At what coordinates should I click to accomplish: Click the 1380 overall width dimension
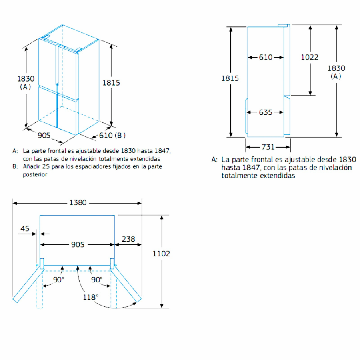pyautogui.click(x=78, y=203)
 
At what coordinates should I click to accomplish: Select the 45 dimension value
pyautogui.click(x=25, y=229)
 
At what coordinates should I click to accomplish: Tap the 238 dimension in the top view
pyautogui.click(x=128, y=239)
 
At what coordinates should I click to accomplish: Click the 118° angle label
pyautogui.click(x=91, y=297)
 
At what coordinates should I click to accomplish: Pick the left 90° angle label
pyautogui.click(x=59, y=280)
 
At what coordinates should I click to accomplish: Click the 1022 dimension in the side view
pyautogui.click(x=310, y=57)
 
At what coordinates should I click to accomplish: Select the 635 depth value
pyautogui.click(x=266, y=112)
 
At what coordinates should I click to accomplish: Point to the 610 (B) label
pyautogui.click(x=112, y=136)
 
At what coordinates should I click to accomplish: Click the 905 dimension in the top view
pyautogui.click(x=78, y=244)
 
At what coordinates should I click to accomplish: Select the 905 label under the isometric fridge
pyautogui.click(x=44, y=136)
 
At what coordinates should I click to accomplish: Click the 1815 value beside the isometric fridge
pyautogui.click(x=111, y=83)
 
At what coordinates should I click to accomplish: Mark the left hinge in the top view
pyautogui.click(x=41, y=263)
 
